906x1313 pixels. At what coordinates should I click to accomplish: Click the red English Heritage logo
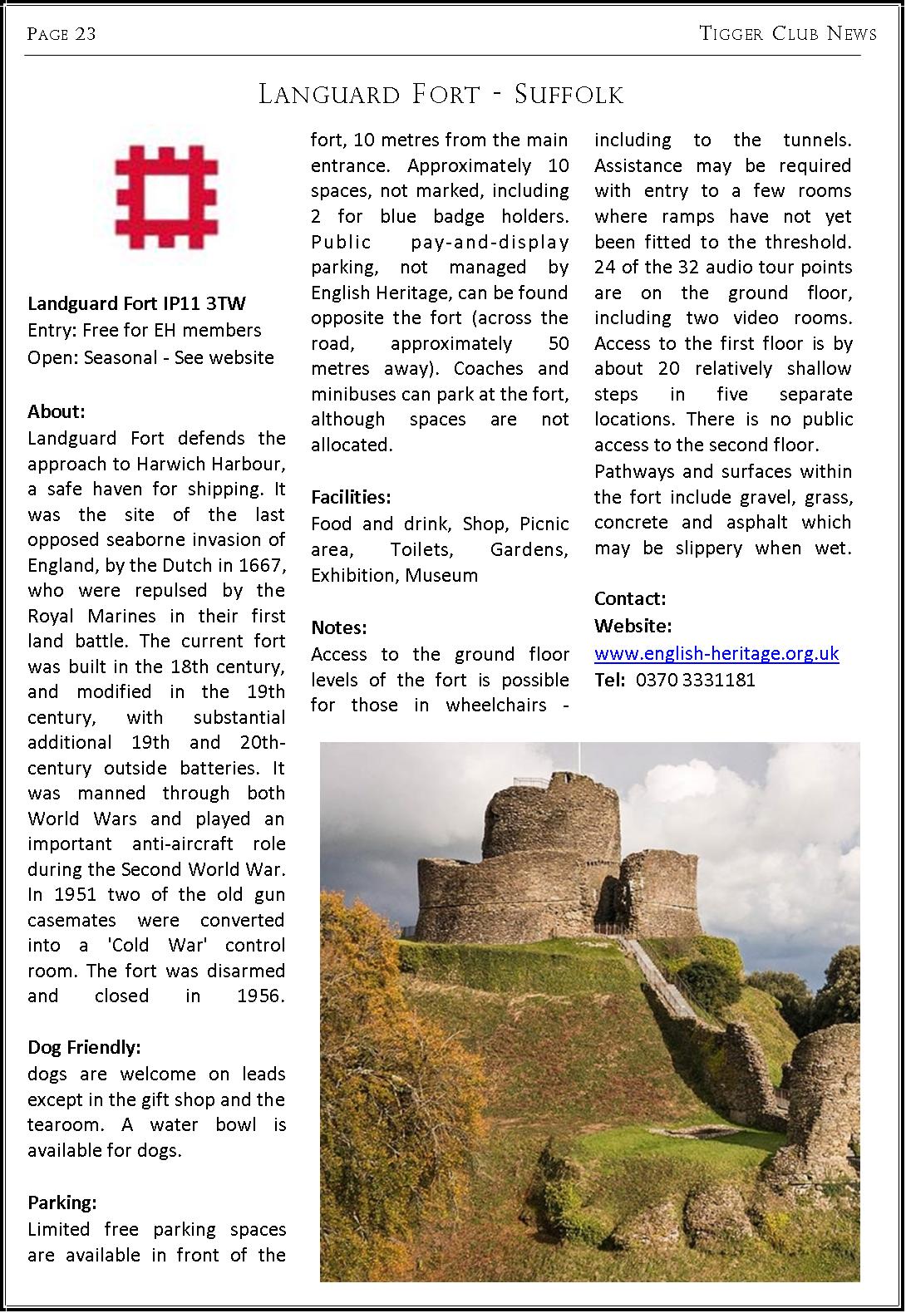[166, 193]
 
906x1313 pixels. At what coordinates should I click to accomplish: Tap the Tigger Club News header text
[787, 33]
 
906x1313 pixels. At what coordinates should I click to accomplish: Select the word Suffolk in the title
[569, 95]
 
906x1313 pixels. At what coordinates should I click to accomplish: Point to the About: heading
[57, 411]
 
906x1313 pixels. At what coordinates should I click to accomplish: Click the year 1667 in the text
[262, 565]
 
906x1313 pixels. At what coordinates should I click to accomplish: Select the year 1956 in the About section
[261, 996]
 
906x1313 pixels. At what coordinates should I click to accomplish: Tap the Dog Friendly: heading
[84, 1046]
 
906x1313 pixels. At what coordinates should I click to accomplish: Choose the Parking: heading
[62, 1202]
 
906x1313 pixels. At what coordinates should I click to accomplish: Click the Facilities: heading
[351, 498]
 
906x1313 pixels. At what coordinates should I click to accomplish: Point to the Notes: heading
[338, 627]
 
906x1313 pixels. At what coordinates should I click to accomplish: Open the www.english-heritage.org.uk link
[716, 653]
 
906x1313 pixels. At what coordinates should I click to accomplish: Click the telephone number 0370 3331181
[695, 680]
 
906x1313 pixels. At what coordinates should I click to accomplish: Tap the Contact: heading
[630, 598]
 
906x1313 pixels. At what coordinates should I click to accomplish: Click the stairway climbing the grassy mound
[659, 981]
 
